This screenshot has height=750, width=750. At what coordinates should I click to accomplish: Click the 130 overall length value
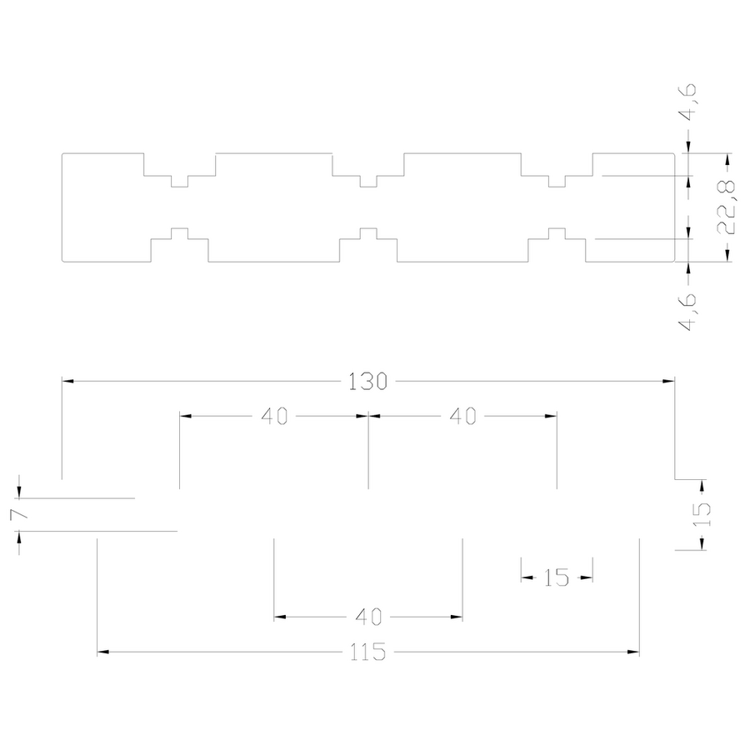pos(367,382)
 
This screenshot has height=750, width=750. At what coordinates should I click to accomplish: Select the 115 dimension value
pos(367,652)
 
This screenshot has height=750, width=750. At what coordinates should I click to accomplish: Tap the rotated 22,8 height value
pos(727,207)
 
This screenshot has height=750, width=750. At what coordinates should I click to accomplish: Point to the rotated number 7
pos(18,514)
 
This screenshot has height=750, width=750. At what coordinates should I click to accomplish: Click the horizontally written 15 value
pos(557,577)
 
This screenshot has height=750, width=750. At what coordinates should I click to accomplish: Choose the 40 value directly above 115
pos(368,617)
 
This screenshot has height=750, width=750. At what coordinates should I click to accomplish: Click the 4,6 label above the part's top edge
pos(689,102)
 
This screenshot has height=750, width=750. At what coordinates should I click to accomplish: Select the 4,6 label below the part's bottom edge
pos(689,312)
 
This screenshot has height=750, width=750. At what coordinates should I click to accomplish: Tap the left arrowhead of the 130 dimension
pos(67,381)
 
